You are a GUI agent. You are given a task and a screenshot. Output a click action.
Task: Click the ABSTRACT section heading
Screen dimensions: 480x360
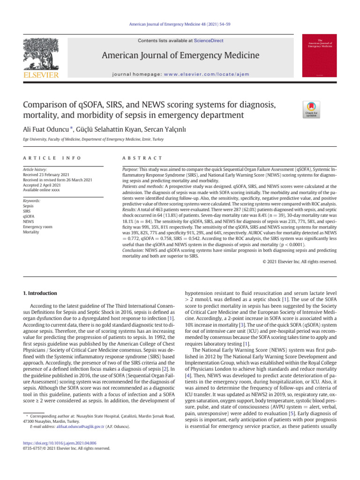(x=141, y=158)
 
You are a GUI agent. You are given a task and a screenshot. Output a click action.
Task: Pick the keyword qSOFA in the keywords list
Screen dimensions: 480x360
(x=29, y=216)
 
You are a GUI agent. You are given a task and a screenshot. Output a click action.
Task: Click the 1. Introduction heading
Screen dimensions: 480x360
(x=40, y=293)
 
